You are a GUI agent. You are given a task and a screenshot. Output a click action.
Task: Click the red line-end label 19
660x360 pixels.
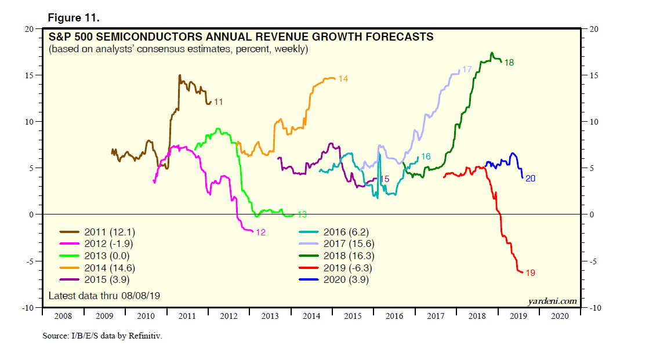(530, 272)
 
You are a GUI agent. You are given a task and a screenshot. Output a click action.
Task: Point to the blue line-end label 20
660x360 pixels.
(530, 179)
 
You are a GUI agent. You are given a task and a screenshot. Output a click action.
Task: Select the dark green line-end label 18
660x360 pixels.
(509, 62)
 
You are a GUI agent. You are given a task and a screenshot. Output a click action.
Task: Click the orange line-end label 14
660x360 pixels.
(343, 78)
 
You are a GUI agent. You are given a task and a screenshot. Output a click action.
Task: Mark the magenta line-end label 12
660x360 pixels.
(260, 232)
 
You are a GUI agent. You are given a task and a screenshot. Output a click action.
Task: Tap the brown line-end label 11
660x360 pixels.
(219, 102)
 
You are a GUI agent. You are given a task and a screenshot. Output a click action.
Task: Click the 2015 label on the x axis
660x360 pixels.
(353, 317)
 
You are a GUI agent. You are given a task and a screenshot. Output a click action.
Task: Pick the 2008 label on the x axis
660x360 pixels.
(63, 317)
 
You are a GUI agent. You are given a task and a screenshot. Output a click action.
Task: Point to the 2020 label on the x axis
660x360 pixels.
(560, 317)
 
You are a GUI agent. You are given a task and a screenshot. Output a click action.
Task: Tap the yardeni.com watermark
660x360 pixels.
(552, 300)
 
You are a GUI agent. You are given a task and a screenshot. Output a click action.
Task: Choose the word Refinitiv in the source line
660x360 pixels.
(144, 336)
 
